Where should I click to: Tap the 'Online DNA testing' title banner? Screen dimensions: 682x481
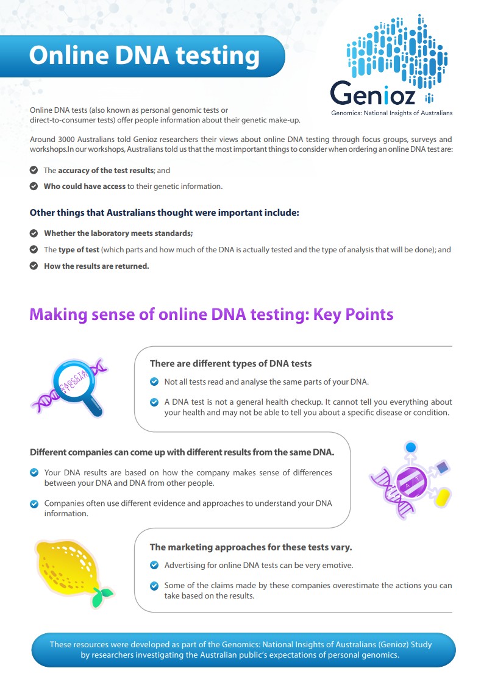(144, 55)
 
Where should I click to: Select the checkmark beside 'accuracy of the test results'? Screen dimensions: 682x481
(34, 171)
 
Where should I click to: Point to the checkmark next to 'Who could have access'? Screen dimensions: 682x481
(34, 186)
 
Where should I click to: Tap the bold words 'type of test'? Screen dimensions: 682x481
(78, 250)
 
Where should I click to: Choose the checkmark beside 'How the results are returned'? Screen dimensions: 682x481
(34, 266)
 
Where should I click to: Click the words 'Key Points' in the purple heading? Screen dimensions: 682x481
(353, 314)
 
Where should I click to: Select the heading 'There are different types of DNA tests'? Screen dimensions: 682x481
(230, 363)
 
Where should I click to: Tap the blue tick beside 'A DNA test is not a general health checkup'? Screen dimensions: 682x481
(154, 402)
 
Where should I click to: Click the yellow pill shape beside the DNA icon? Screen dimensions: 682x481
(442, 497)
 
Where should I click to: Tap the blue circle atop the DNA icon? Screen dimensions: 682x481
(411, 447)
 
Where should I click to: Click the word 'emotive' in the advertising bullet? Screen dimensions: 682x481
(338, 565)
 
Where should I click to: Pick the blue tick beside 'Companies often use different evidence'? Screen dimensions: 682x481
(34, 503)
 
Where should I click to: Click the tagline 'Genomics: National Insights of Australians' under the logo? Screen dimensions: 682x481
(391, 113)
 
